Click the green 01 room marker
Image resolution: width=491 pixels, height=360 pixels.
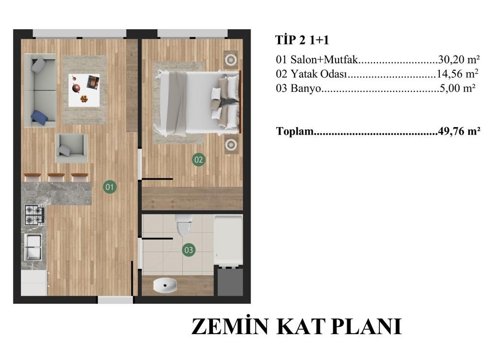[109, 187]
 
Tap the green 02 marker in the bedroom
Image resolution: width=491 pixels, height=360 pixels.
[199, 160]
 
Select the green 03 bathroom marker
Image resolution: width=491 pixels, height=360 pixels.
[188, 250]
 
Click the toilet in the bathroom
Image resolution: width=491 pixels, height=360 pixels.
[184, 225]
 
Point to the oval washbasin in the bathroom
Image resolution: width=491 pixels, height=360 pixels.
[165, 286]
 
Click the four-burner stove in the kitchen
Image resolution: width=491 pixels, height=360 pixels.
[34, 215]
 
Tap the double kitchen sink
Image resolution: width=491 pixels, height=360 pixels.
[33, 247]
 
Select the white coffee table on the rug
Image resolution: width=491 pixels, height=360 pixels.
[84, 91]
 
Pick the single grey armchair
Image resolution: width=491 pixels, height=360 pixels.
[71, 149]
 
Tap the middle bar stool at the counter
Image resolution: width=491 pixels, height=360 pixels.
[56, 177]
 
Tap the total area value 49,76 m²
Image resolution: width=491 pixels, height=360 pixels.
[459, 131]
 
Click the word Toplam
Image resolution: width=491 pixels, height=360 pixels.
[295, 131]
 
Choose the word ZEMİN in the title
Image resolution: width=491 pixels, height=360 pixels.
[230, 326]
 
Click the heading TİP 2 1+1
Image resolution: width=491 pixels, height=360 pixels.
[302, 40]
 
